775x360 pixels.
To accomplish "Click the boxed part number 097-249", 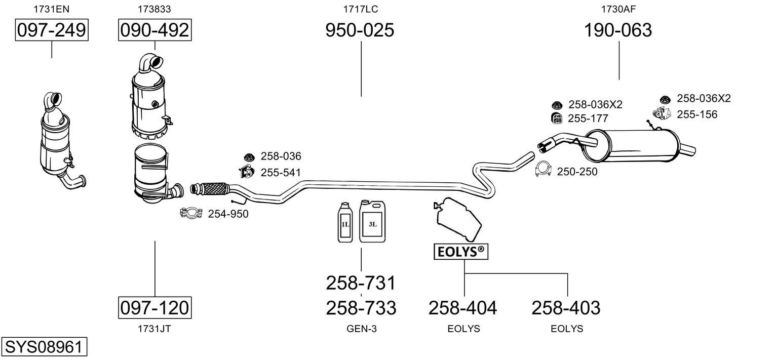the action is tap(52, 30).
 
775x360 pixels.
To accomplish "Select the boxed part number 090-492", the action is tap(154, 30).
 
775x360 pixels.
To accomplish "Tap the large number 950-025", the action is tap(360, 30).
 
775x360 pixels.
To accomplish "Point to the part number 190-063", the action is tap(618, 30).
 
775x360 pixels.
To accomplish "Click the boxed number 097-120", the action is tap(154, 307).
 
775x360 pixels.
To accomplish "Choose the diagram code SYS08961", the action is tap(44, 346).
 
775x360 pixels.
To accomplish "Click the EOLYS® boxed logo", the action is tap(461, 252).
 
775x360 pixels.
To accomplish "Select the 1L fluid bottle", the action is tap(345, 222).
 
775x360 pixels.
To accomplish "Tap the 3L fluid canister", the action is tap(372, 221).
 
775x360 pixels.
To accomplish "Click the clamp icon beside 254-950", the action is tap(191, 213).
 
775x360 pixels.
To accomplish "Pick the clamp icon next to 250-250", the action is tap(543, 169).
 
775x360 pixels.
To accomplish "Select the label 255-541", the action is tap(281, 172).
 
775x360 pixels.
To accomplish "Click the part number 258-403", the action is tap(566, 307).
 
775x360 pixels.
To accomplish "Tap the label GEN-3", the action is tap(362, 329).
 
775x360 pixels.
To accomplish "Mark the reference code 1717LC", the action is tap(361, 9).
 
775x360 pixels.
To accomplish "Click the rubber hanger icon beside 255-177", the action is tap(556, 118).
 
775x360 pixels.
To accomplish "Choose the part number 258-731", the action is tap(361, 283).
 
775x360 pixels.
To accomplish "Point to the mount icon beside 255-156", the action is tap(662, 114).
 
